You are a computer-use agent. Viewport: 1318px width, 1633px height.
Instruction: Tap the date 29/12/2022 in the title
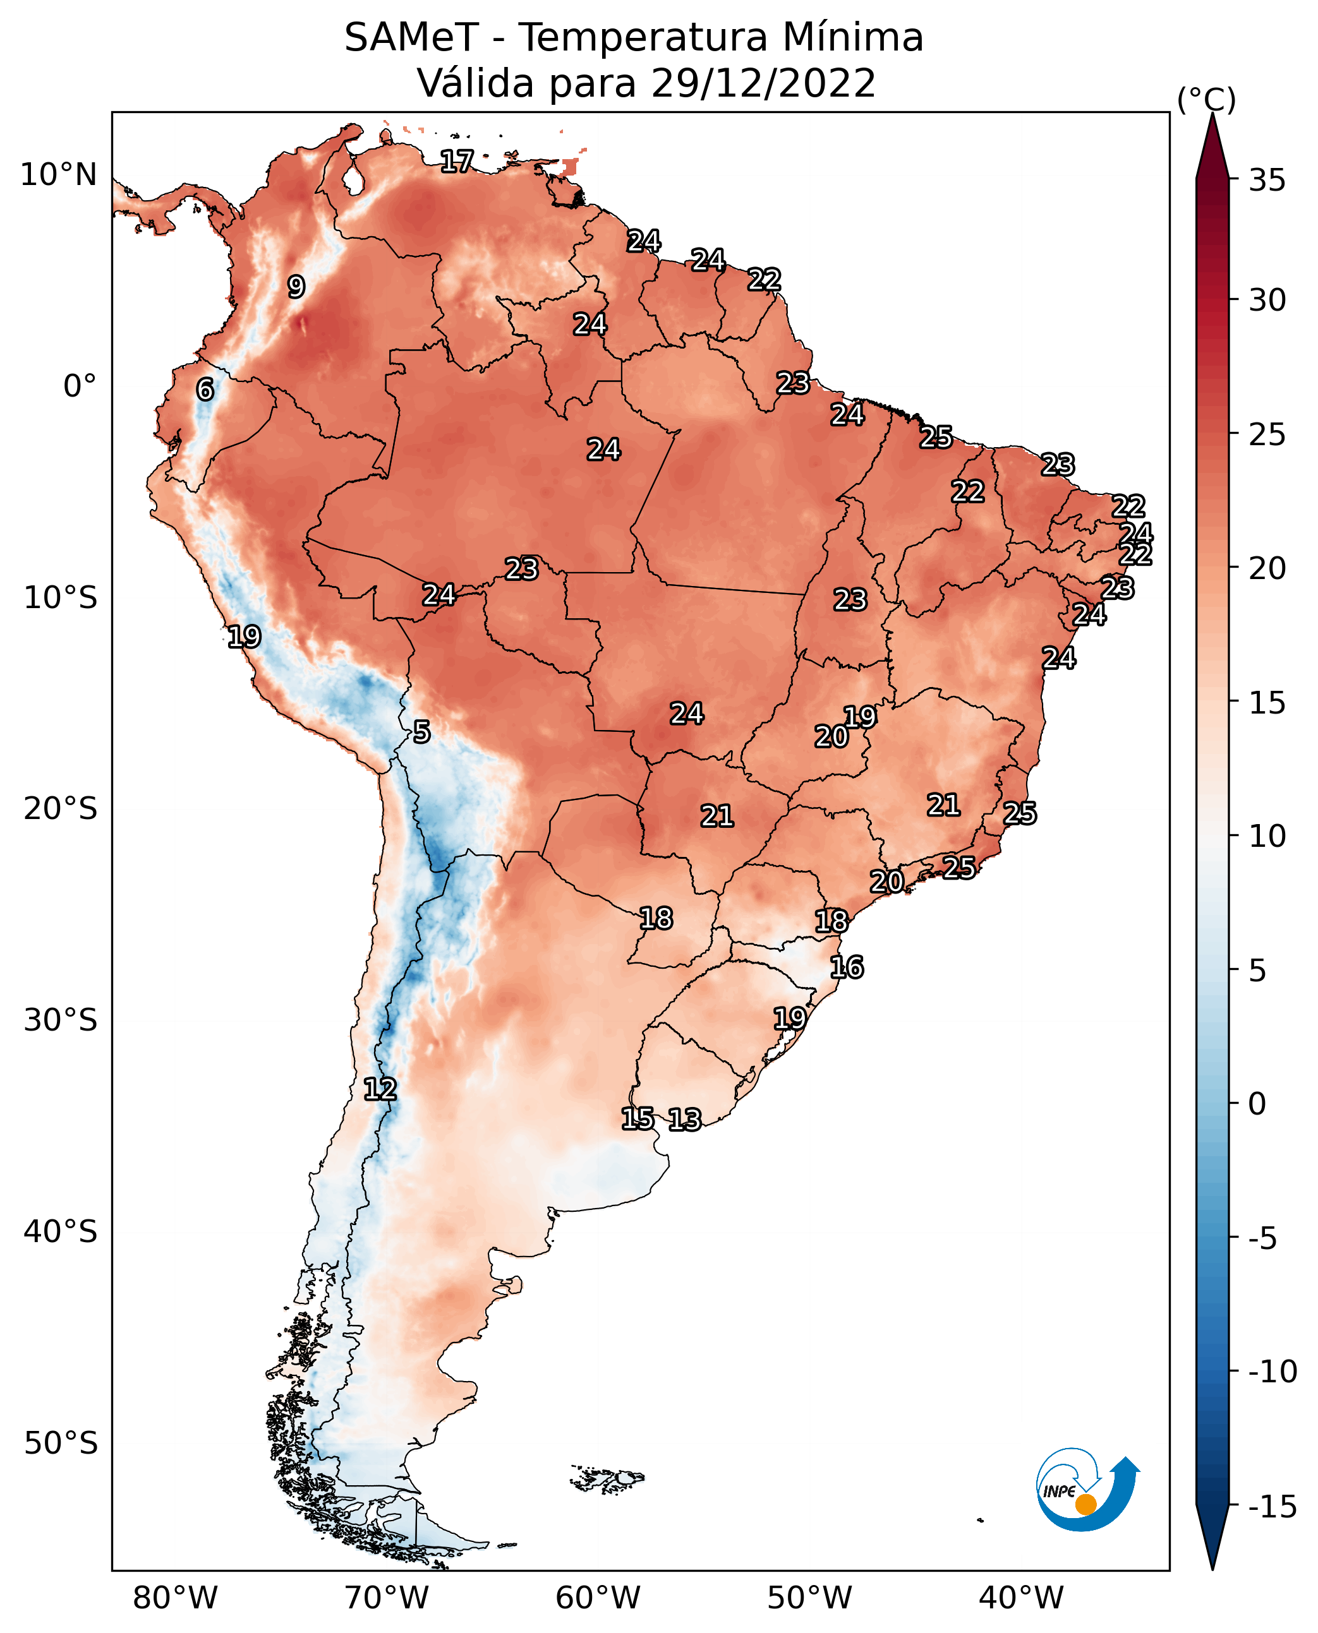(763, 83)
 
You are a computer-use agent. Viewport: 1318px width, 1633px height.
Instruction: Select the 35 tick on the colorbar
(1267, 181)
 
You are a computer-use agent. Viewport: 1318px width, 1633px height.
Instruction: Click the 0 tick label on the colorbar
(1257, 1103)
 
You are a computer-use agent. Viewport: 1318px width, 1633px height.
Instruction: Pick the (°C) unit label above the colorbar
(1206, 99)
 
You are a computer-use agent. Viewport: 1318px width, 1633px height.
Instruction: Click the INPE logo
(1087, 1489)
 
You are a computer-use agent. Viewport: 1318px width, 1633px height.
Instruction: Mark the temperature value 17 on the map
(457, 161)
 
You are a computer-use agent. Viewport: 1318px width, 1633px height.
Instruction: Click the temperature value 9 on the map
(296, 287)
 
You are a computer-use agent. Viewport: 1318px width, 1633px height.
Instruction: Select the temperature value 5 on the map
(421, 731)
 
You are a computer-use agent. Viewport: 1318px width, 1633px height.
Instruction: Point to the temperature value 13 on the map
(684, 1119)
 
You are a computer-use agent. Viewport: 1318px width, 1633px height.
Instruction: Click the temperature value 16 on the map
(847, 967)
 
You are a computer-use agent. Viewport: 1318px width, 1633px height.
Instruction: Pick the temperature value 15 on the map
(637, 1118)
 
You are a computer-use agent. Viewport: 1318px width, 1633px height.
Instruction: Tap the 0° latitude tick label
(80, 386)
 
